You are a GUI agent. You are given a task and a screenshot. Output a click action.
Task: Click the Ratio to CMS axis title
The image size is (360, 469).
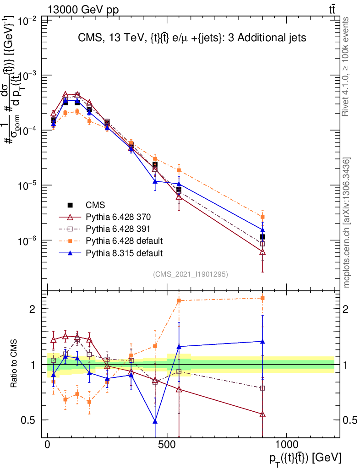click(14, 364)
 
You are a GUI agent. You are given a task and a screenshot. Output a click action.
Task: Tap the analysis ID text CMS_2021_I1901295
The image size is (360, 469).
click(191, 274)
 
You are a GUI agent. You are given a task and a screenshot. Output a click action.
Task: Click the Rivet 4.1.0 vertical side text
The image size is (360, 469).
click(346, 66)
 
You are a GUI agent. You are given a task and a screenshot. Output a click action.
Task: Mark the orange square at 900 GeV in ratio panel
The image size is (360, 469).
click(262, 298)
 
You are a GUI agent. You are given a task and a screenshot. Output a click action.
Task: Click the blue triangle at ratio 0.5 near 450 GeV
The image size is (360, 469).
click(155, 421)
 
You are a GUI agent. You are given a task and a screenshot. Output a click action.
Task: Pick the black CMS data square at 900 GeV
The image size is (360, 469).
click(262, 237)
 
